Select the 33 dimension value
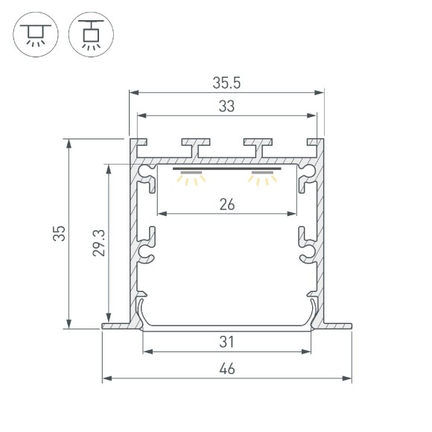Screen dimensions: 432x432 (227, 107)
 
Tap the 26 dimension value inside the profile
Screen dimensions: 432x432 (227, 203)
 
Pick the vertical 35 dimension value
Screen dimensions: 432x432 (58, 233)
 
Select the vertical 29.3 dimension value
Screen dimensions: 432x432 (98, 243)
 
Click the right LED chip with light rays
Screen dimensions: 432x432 (262, 177)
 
